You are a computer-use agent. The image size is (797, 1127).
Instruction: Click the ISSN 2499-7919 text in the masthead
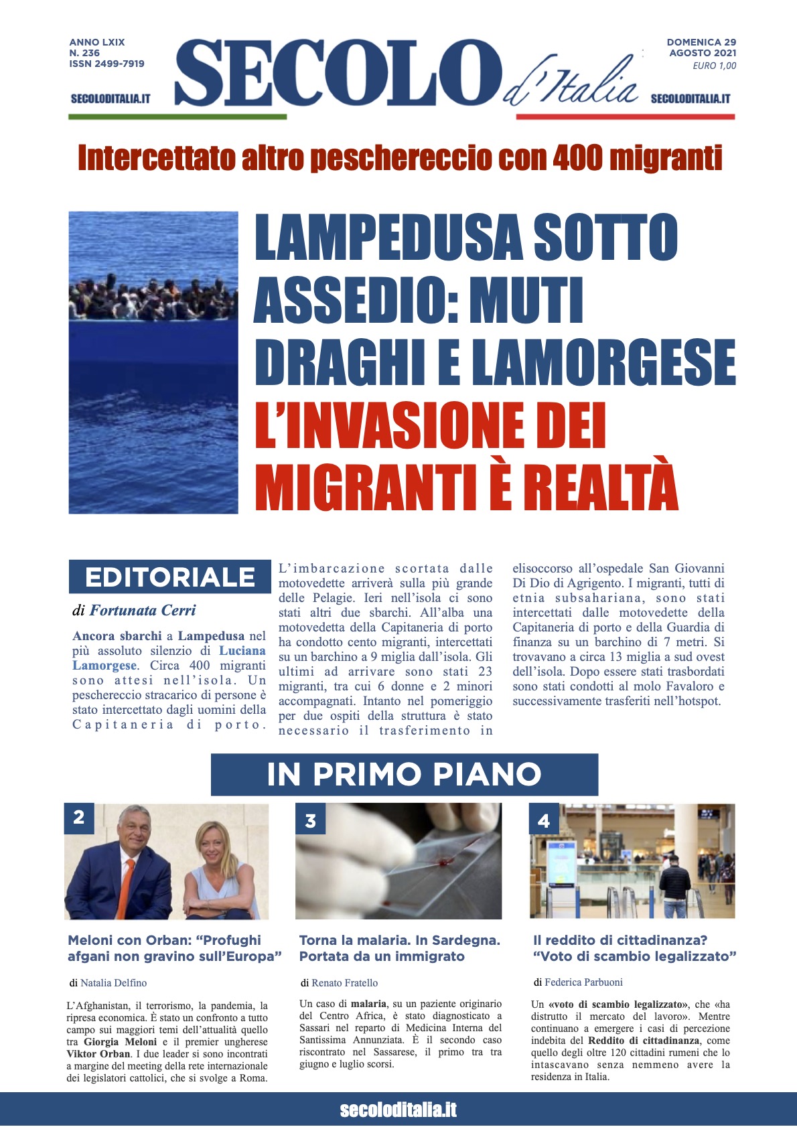[106, 64]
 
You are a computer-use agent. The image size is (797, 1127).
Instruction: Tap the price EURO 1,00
[714, 66]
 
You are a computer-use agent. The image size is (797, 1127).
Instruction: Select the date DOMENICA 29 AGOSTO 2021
[701, 48]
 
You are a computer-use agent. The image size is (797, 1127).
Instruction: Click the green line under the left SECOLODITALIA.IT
[177, 117]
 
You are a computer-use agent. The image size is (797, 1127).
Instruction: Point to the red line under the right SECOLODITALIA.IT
[625, 117]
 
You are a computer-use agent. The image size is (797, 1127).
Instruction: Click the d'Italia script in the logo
[570, 84]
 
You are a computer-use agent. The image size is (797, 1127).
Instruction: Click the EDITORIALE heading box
[169, 577]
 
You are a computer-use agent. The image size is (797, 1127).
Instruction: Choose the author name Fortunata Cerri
[143, 610]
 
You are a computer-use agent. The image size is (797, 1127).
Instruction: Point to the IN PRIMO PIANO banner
[404, 774]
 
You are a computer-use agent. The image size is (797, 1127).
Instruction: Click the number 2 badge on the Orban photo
[78, 818]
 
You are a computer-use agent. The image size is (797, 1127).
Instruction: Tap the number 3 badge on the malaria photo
[310, 820]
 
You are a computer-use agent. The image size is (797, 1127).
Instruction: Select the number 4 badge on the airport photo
[544, 821]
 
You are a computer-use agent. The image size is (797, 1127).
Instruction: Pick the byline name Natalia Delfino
[113, 983]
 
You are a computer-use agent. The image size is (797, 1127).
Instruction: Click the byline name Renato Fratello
[344, 983]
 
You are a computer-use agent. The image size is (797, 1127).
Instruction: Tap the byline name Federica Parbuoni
[583, 982]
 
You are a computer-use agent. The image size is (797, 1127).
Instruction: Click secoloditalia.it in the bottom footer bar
[398, 1110]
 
